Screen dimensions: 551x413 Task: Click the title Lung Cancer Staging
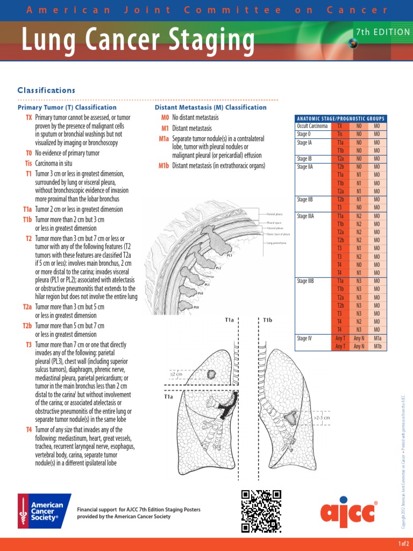coord(138,39)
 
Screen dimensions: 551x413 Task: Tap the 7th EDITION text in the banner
coord(382,32)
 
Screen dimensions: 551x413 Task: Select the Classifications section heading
coord(46,90)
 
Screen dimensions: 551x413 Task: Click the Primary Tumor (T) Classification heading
coord(67,108)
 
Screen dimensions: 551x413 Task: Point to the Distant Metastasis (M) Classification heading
coord(211,108)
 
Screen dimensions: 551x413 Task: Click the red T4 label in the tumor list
coord(29,430)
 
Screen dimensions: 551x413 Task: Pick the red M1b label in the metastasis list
coord(163,166)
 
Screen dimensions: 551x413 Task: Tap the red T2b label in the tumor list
coord(27,326)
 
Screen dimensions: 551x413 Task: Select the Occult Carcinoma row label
coord(312,126)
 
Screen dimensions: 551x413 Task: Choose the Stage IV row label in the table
coord(304,338)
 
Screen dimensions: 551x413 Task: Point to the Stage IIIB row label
coord(305,281)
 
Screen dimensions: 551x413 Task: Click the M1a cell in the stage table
coord(377,338)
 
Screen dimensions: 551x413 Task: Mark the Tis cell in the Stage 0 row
coord(340,134)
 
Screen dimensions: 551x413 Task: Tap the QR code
coord(261,511)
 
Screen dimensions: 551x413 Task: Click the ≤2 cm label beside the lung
coord(176,373)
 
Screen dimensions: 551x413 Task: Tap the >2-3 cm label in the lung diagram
coord(321,417)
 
